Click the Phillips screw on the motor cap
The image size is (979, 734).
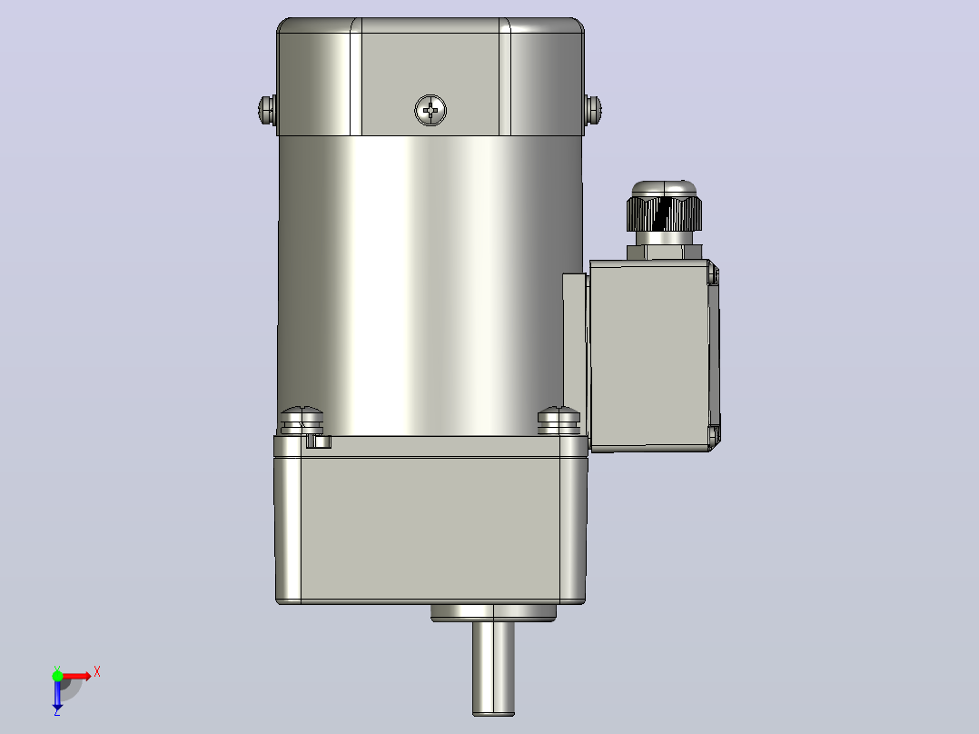click(430, 111)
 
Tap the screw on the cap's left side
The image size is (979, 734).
click(267, 110)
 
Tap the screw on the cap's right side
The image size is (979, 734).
click(592, 110)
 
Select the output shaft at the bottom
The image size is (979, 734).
click(493, 669)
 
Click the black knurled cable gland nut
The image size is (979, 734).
click(664, 213)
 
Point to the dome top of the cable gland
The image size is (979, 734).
click(665, 189)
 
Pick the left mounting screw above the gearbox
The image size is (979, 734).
click(302, 421)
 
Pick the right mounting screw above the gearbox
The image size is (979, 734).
click(559, 421)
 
